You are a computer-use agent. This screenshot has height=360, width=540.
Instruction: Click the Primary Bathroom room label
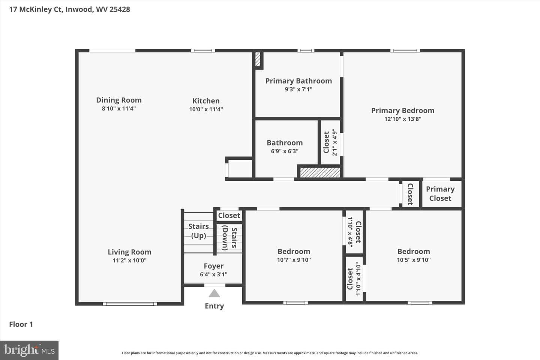(298, 81)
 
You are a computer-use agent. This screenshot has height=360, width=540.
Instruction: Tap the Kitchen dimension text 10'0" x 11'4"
(206, 109)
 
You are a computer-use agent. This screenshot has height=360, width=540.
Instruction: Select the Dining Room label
(119, 100)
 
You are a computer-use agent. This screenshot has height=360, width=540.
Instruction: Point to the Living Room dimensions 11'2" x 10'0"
(129, 260)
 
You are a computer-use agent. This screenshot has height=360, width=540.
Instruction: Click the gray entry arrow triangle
(214, 294)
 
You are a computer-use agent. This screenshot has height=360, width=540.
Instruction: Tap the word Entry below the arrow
(214, 306)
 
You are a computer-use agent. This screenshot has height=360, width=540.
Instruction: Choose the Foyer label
(214, 266)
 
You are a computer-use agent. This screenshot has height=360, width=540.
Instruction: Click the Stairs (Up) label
(198, 231)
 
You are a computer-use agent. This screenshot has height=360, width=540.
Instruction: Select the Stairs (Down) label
(229, 238)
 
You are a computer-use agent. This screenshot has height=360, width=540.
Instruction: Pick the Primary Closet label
(440, 193)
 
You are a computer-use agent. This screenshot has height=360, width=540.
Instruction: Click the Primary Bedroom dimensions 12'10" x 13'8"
(403, 119)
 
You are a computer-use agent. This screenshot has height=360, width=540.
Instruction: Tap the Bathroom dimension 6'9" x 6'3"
(285, 151)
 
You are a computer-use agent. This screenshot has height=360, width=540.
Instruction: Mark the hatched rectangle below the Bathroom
(320, 172)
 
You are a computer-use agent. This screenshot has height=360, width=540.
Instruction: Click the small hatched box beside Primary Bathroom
(258, 59)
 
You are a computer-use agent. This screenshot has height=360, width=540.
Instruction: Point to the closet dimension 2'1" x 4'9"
(334, 142)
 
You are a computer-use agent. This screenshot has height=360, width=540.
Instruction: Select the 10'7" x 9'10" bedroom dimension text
(294, 260)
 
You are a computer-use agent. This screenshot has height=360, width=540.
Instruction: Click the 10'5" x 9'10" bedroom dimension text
(414, 260)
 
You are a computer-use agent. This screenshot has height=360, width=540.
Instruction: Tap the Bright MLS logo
(29, 350)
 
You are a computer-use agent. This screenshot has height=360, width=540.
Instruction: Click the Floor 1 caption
(21, 324)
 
